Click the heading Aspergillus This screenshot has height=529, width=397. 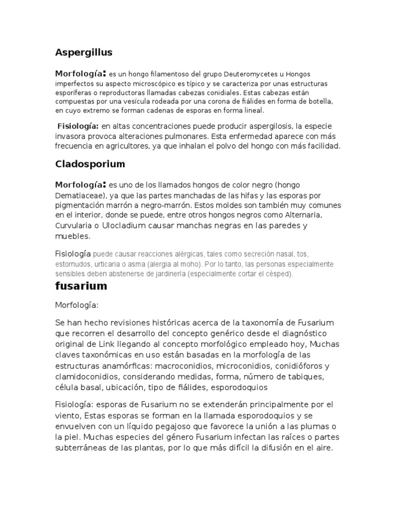(84, 52)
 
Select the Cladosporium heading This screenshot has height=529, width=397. (90, 164)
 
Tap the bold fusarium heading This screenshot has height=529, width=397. (81, 286)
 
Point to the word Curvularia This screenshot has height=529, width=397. (76, 226)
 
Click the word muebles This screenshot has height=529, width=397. (72, 236)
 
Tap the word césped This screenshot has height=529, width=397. (278, 274)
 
